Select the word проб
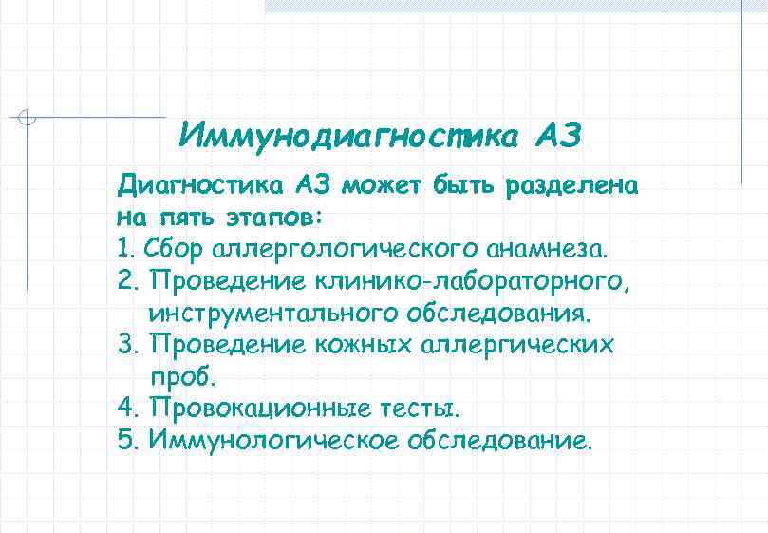tap(183, 377)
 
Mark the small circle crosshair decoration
tap(28, 118)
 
